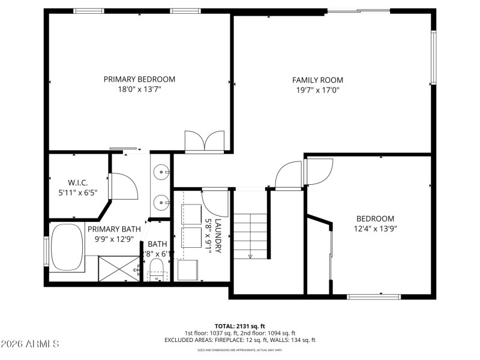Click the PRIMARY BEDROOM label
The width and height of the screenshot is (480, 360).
pos(139,79)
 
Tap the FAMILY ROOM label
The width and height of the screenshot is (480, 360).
pos(317,80)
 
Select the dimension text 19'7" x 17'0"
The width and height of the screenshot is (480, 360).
pos(317,91)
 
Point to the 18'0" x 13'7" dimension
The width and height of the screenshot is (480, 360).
pos(139,89)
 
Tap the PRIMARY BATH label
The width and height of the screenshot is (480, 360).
pos(114,229)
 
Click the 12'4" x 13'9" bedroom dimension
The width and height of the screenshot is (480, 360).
pos(375,229)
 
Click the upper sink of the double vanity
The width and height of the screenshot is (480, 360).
pos(161,173)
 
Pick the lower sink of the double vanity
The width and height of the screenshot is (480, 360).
pos(161,200)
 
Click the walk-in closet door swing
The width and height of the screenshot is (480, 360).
pos(122,186)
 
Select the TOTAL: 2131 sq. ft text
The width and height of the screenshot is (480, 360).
pos(240,326)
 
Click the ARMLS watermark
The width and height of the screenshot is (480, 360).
pos(30,344)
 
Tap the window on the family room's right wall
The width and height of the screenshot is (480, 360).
pos(433,57)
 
